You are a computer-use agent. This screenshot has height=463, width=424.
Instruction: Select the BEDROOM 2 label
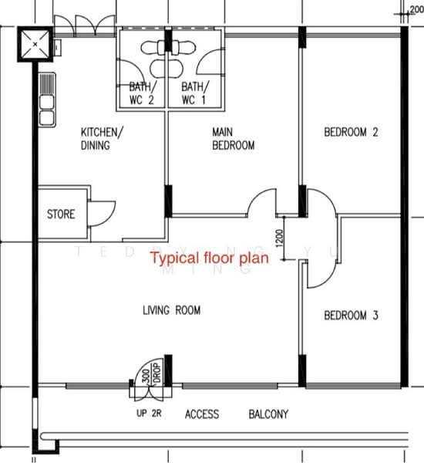pos(351,132)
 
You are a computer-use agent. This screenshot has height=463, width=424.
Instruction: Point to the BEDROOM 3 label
pos(351,315)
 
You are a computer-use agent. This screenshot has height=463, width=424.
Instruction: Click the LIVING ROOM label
pos(171,310)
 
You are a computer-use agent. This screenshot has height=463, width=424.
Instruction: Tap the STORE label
pos(61,214)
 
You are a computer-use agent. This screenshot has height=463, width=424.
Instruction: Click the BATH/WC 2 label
pos(142,93)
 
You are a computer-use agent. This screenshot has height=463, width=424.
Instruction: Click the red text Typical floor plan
pos(209,259)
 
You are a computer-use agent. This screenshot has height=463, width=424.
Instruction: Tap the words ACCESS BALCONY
pos(236,414)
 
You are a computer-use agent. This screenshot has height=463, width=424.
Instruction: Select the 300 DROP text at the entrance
pos(150,376)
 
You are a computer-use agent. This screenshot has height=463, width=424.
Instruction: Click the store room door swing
pos(102,212)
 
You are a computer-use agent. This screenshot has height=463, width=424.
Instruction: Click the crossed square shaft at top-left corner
pos(35,43)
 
